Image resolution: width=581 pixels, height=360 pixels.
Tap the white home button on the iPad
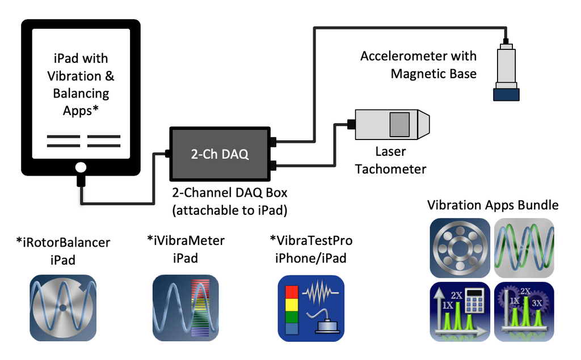[x=81, y=167]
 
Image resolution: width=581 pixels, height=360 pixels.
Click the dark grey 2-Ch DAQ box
[x=220, y=154]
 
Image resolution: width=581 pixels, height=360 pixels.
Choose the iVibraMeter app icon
[x=186, y=307]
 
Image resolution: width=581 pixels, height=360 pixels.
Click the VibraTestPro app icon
[x=311, y=307]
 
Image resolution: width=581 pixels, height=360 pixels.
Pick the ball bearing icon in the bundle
[x=460, y=248]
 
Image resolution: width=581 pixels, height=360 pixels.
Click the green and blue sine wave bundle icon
[x=524, y=248]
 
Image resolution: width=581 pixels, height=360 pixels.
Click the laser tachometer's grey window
[x=399, y=124]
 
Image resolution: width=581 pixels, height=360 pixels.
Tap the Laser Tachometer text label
[x=391, y=160]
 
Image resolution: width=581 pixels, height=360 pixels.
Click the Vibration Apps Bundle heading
[x=492, y=205]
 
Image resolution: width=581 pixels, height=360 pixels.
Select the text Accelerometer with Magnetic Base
[x=419, y=65]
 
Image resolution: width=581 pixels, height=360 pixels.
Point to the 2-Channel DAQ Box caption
[x=229, y=200]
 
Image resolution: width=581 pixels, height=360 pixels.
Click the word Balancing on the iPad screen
[x=81, y=93]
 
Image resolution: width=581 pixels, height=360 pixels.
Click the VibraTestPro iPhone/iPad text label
[x=311, y=249]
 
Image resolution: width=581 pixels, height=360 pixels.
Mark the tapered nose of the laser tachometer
[x=423, y=124]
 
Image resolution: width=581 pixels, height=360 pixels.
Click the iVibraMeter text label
[x=186, y=249]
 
